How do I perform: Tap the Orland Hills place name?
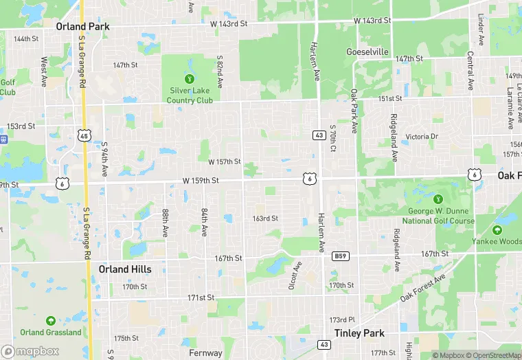pyautogui.click(x=124, y=269)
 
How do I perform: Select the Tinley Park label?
pyautogui.click(x=359, y=333)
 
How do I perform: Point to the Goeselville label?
pyautogui.click(x=367, y=52)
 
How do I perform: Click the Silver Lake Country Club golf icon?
pyautogui.click(x=190, y=79)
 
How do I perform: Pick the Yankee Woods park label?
pyautogui.click(x=497, y=241)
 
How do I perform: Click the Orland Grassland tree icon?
pyautogui.click(x=50, y=321)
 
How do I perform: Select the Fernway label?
pyautogui.click(x=205, y=353)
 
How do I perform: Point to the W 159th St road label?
pyautogui.click(x=201, y=181)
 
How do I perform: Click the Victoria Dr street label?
pyautogui.click(x=422, y=137)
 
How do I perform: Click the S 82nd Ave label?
pyautogui.click(x=220, y=71)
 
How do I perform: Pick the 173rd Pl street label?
pyautogui.click(x=342, y=320)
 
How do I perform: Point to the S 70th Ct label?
pyautogui.click(x=332, y=138)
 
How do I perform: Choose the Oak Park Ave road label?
pyautogui.click(x=354, y=110)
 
